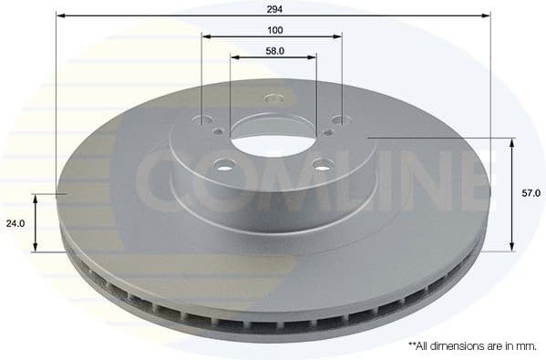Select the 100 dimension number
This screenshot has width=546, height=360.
[273, 28]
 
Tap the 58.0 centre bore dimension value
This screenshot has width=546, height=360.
[273, 50]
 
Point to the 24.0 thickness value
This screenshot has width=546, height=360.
[15, 221]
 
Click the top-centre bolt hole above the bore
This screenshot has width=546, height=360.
[273, 98]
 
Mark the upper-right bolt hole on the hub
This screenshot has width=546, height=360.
[340, 118]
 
